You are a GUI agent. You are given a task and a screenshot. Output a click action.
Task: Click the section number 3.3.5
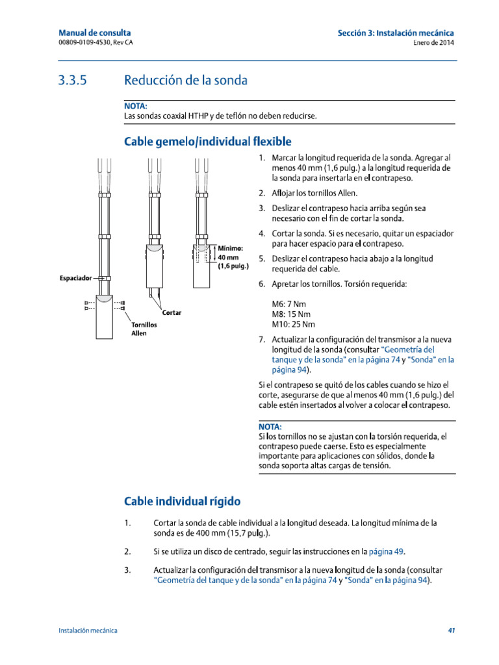click(x=71, y=81)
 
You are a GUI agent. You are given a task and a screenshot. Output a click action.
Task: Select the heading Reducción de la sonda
click(x=185, y=81)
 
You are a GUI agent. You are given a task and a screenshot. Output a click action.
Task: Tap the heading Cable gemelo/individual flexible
click(x=207, y=141)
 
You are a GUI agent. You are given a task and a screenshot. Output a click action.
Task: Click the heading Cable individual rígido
click(x=182, y=501)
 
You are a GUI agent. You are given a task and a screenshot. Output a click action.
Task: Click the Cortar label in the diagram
click(x=172, y=313)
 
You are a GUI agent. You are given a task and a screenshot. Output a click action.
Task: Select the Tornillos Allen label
click(x=144, y=329)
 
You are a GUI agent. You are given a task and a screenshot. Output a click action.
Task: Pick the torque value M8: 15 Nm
click(x=292, y=314)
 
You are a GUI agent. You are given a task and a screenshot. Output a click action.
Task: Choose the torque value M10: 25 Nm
click(x=294, y=324)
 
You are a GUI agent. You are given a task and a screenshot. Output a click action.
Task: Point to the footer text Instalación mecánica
click(x=88, y=631)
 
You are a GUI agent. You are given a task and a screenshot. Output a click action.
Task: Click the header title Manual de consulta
click(x=95, y=32)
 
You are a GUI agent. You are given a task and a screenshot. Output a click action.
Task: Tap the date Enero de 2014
click(x=433, y=43)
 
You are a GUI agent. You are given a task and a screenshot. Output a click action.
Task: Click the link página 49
click(x=386, y=551)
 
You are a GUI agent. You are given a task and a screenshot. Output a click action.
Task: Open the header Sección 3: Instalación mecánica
click(x=396, y=32)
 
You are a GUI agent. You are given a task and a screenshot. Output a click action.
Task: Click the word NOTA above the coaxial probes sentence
click(x=135, y=105)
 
